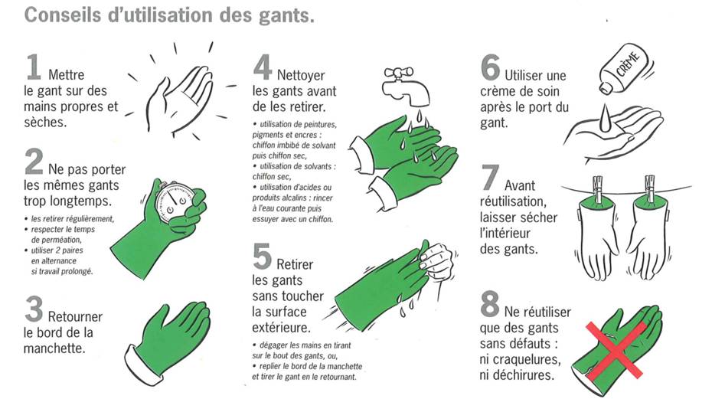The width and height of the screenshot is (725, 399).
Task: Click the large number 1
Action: coord(34,67)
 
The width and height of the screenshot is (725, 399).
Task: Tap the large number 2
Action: coord(34,162)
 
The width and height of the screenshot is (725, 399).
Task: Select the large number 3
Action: coord(34,309)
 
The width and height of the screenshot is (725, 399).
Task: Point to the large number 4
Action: coord(263,67)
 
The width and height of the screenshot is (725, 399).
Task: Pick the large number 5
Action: coord(263,257)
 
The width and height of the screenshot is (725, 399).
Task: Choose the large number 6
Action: coord(491,67)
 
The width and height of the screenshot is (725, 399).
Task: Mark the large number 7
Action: coord(491,178)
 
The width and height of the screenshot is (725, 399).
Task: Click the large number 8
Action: coord(491,304)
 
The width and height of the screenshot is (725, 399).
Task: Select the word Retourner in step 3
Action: coord(75,316)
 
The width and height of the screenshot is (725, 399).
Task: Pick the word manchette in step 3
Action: coord(54,348)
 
